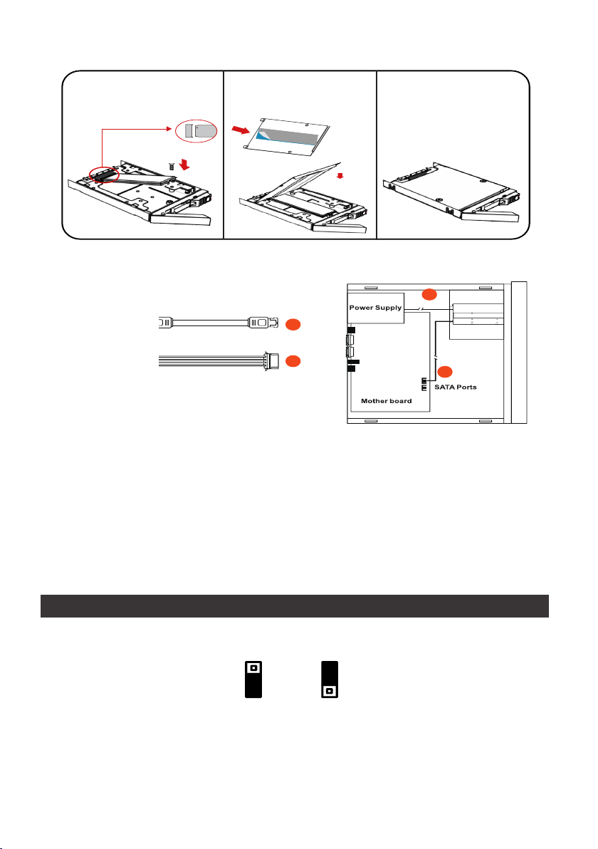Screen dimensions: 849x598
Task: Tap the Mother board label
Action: coord(386,401)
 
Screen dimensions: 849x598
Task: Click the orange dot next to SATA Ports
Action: coord(445,370)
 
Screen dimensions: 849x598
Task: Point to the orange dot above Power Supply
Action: coord(428,293)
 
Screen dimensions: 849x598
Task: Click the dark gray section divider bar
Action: coord(294,606)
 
